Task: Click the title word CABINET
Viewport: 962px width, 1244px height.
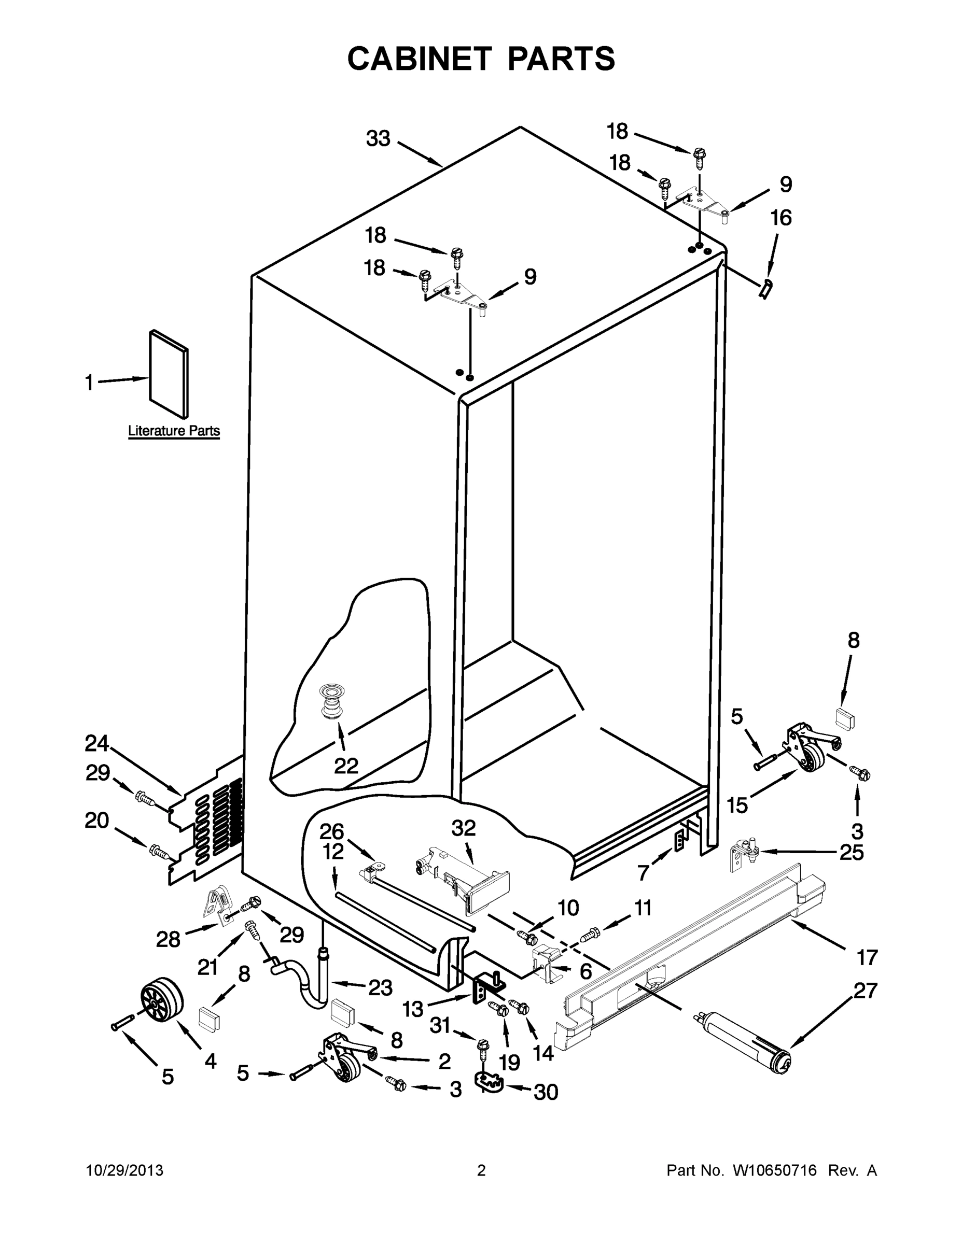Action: coord(419,59)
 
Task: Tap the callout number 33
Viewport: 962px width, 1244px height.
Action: coord(378,138)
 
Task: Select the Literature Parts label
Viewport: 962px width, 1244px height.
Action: coord(174,431)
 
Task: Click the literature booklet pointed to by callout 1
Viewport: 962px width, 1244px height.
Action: coord(169,374)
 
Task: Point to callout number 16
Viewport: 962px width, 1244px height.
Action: coord(781,218)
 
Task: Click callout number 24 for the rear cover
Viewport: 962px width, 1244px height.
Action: coord(97,743)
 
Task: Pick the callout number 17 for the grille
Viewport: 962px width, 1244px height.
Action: coord(867,958)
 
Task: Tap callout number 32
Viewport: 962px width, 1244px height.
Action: coord(463,828)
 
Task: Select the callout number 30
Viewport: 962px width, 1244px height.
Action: coord(546,1092)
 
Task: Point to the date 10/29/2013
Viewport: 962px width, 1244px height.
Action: coord(124,1171)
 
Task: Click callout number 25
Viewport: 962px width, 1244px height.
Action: coord(852,853)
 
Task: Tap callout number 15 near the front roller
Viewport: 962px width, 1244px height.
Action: coord(737,805)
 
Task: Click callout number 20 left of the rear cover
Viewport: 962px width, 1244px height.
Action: coord(97,821)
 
